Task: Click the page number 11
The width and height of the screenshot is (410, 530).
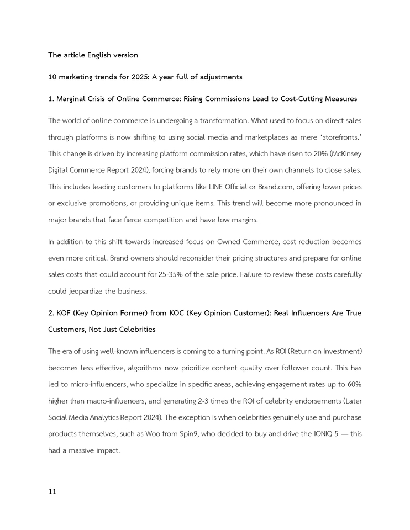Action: tap(52, 491)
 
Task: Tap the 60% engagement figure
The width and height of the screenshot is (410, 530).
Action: tap(354, 384)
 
